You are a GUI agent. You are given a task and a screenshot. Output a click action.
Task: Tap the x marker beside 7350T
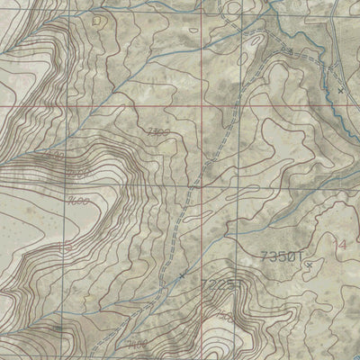pyautogui.click(x=308, y=265)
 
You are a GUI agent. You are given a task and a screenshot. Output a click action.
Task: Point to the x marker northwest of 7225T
pyautogui.click(x=182, y=274)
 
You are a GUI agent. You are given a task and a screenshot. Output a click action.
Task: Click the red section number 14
pyautogui.click(x=340, y=244)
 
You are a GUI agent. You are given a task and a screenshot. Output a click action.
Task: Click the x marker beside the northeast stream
pyautogui.click(x=340, y=91)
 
